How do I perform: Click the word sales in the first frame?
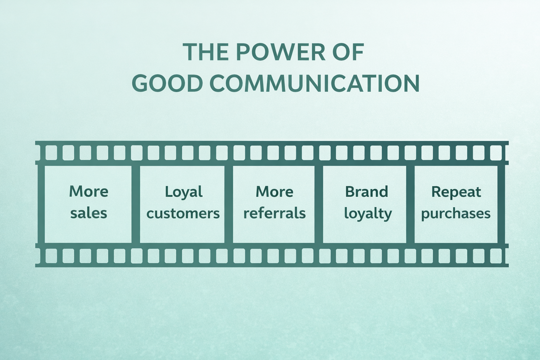89,213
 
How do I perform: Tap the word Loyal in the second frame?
184,192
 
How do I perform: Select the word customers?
183,213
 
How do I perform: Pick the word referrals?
275,213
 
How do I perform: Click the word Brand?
366,192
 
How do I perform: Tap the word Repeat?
456,192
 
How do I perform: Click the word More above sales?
89,192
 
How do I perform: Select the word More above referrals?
275,192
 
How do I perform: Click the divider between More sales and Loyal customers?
136,204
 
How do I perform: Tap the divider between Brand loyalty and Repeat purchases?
410,204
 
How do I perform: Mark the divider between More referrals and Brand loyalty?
319,204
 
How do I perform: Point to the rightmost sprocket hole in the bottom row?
496,256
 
